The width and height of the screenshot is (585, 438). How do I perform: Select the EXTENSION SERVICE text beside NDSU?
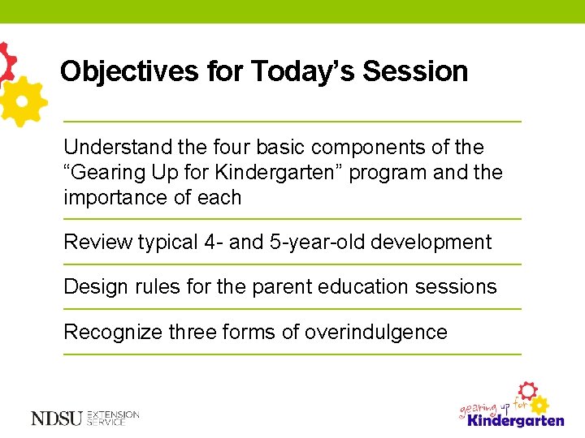(x=113, y=418)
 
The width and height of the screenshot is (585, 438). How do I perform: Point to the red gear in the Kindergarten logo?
(x=528, y=389)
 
